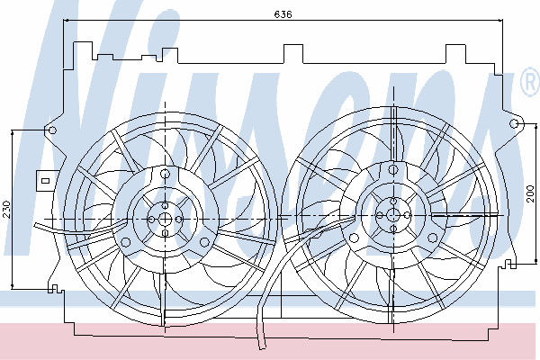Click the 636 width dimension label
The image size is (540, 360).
point(283,14)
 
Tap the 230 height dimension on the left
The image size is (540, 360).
point(7,210)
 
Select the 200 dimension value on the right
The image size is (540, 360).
point(530,193)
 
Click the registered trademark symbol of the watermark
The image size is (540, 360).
point(530,81)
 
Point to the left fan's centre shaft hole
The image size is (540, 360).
point(165,219)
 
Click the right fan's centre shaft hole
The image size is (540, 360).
point(392,215)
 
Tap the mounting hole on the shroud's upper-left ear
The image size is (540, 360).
point(52,130)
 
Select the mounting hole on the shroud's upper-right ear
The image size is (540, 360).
point(514,123)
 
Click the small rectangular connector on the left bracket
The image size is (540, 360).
point(45,181)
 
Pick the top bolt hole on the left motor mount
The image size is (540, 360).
point(166,174)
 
